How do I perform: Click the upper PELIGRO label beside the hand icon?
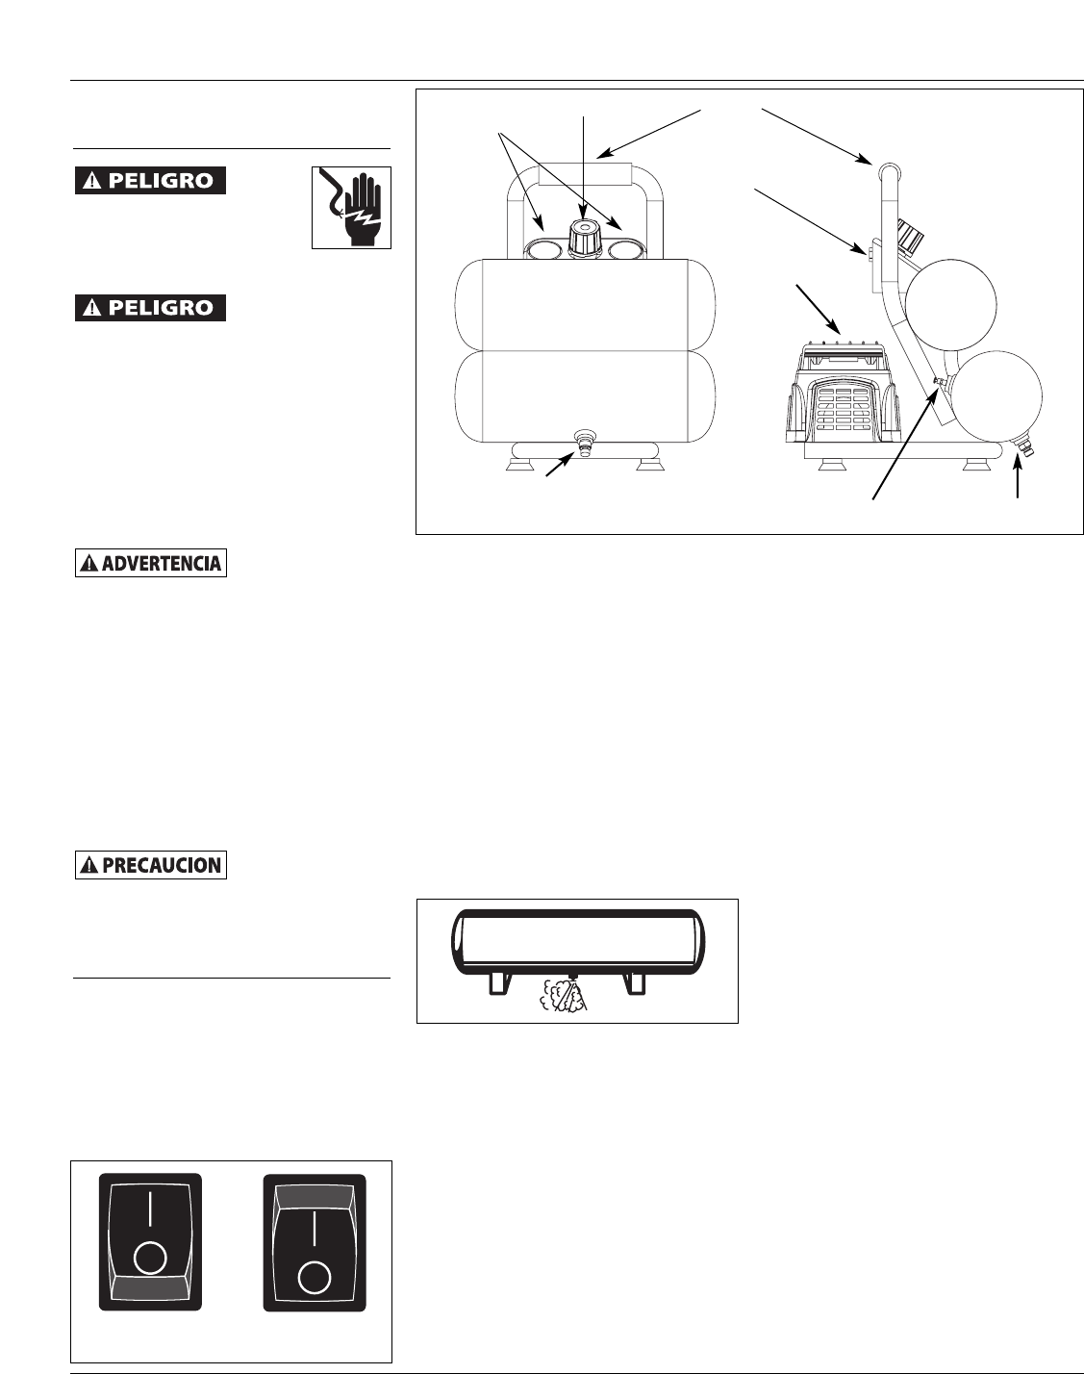click(151, 181)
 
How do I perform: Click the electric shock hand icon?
click(351, 207)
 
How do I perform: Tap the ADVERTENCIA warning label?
click(151, 563)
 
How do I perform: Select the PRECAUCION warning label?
click(151, 865)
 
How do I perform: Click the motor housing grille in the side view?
click(839, 409)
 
